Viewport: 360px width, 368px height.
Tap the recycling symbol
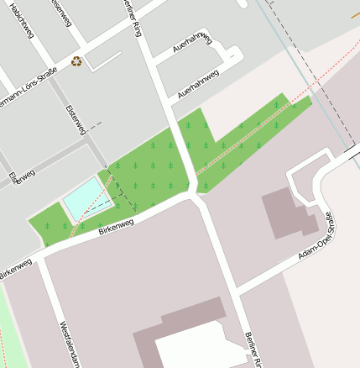point(77,60)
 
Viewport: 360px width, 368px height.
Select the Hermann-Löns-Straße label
point(29,81)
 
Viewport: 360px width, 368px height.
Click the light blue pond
point(85,199)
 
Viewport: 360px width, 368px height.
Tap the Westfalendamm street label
point(66,342)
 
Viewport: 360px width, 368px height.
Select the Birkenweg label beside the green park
point(116,225)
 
